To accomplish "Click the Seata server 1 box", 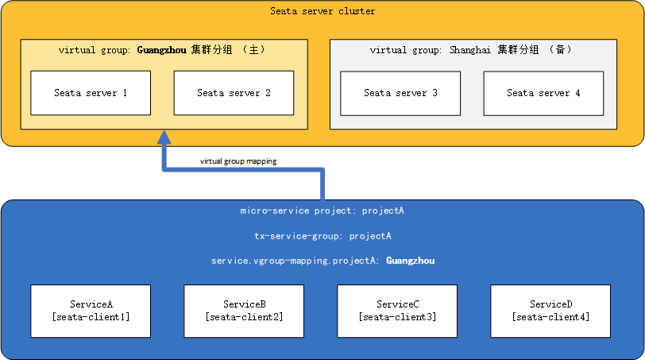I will coord(91,93).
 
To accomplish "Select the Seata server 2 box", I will coord(234,93).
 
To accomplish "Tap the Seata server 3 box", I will coord(400,93).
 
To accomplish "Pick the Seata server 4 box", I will coord(543,93).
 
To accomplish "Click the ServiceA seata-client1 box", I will coord(91,310).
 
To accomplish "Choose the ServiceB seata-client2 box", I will coord(244,310).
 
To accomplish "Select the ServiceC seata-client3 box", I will coord(397,310).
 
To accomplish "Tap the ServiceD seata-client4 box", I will coord(550,310).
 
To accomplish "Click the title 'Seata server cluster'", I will coord(322,11).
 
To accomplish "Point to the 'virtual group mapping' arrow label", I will coord(238,161).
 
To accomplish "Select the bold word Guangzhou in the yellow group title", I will coord(162,50).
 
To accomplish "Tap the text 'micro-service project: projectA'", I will coord(322,211).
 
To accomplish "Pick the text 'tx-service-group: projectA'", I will coord(322,236).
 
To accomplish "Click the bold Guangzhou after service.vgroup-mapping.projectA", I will coord(410,261).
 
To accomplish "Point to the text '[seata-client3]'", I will coord(397,317).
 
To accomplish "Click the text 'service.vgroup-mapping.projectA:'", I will coord(296,261).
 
